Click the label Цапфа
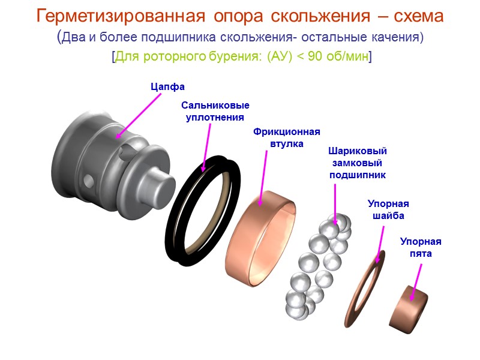coord(163,88)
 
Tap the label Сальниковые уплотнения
coord(215,111)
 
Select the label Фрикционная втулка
coord(287,137)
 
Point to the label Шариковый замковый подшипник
coord(358,163)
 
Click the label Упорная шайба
coord(388,210)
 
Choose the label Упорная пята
coord(421,247)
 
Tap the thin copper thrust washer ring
coord(366,288)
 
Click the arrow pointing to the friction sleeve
coord(265,177)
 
